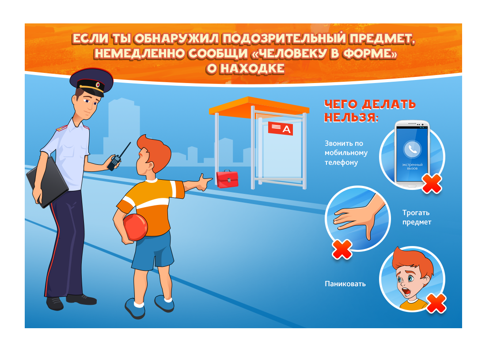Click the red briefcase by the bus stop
pos(227,179)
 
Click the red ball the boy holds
pos(135,227)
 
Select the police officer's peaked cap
pos(91,81)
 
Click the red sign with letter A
pos(281,128)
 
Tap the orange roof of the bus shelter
pos(258,106)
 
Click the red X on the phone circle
pos(432,184)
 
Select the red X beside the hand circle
pos(342,250)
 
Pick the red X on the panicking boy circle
pos(436,303)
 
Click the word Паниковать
pos(345,284)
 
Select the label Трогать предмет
pos(417,217)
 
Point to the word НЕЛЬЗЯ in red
pos(351,117)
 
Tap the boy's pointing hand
pos(203,183)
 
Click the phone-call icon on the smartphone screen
pos(412,149)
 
